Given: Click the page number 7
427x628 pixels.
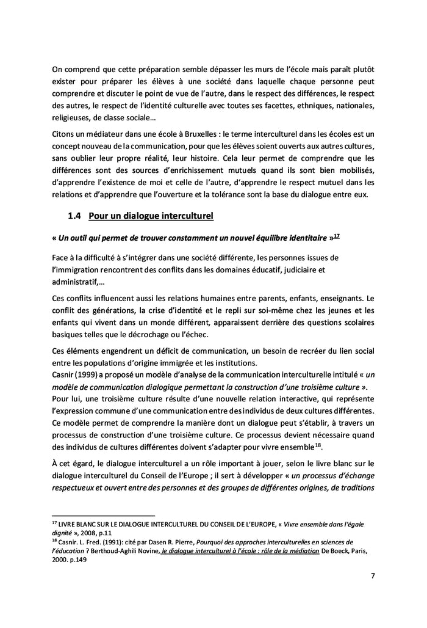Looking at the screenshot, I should tap(371, 575).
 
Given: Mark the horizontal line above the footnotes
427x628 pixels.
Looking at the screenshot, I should tap(103, 514).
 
